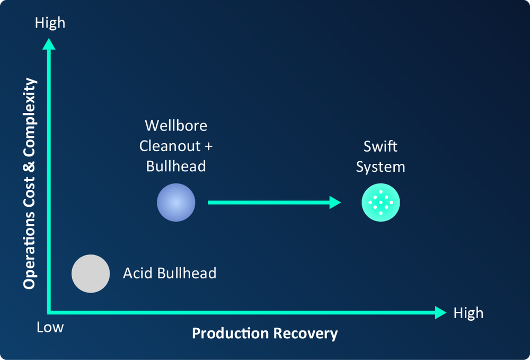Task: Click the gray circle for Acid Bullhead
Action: click(91, 274)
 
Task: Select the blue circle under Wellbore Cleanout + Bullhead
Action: click(176, 203)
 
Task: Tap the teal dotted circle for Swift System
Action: click(381, 203)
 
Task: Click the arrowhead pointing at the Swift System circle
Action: click(335, 203)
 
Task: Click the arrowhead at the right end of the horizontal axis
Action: click(440, 313)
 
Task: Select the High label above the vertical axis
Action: click(50, 23)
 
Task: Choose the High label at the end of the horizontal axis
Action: click(469, 313)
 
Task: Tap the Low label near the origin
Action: click(50, 327)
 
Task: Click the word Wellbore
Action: click(176, 126)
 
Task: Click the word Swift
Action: click(381, 146)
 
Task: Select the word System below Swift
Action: click(381, 166)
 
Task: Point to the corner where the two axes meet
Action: click(49, 313)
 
